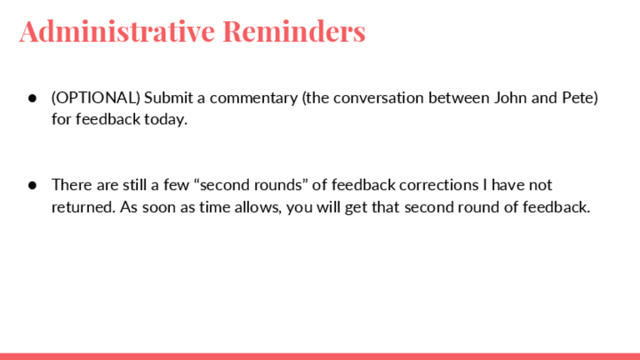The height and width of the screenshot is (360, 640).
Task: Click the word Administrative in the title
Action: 117,31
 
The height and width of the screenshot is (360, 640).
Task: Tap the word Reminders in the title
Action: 294,31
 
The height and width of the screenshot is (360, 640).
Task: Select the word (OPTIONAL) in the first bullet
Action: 96,98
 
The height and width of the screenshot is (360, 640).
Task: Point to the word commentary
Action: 254,98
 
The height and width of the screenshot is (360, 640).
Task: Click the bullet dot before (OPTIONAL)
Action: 32,98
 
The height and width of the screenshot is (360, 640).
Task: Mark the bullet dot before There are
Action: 32,186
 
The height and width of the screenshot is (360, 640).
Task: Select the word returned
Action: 84,207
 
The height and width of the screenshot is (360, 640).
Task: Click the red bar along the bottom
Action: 320,356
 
